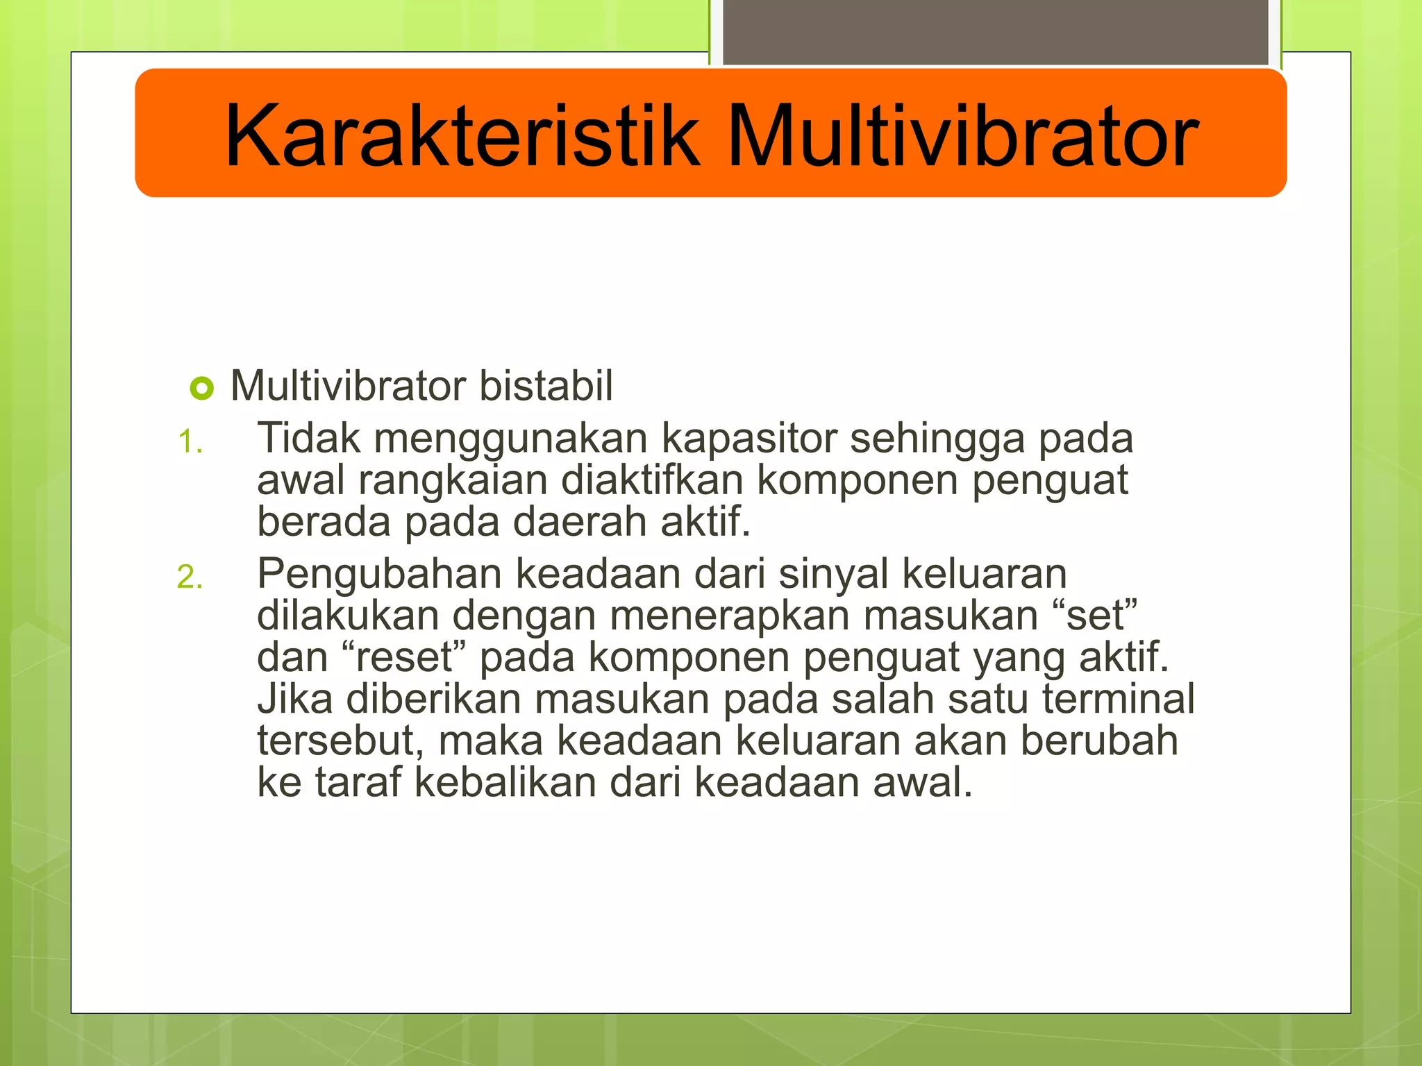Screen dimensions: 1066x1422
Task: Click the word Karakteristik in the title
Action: tap(462, 135)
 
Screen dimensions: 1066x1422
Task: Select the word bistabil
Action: tap(546, 386)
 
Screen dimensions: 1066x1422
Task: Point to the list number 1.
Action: tap(189, 442)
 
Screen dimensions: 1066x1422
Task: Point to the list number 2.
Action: tap(189, 577)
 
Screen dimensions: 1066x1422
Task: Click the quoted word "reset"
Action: tap(404, 658)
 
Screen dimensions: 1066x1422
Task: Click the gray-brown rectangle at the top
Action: tap(996, 32)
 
